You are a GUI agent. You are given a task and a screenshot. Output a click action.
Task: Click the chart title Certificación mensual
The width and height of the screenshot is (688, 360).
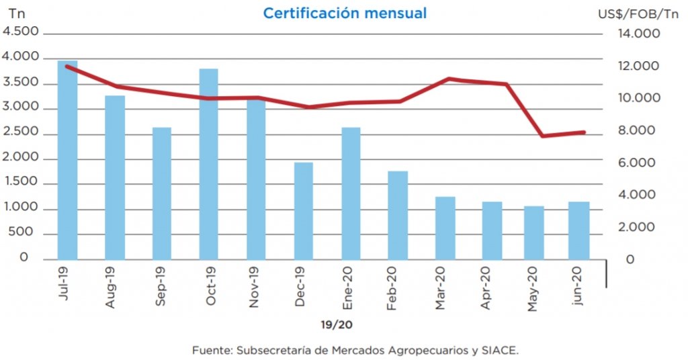[x=345, y=13]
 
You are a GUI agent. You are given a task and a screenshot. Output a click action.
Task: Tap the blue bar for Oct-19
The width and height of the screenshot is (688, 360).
[x=208, y=164]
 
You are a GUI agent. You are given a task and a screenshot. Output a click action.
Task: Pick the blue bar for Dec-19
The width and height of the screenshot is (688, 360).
[x=303, y=211]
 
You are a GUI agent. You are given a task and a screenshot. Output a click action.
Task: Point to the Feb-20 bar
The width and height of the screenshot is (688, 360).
[x=398, y=215]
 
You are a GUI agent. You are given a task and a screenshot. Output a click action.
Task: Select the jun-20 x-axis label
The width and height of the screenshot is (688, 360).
[x=580, y=285]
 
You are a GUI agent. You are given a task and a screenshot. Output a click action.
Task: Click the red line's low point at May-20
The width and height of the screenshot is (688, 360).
[x=543, y=136]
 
